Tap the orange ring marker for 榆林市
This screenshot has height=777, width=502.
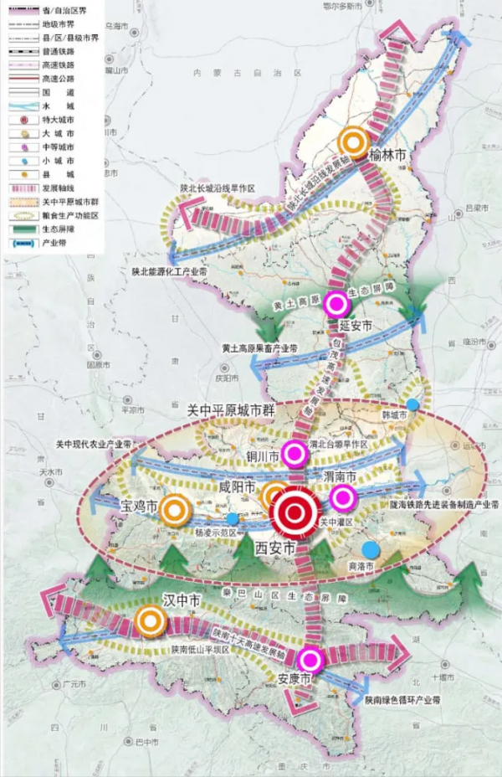click(x=354, y=142)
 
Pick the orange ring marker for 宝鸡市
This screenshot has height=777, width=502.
click(x=176, y=508)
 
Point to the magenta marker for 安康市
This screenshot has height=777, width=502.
click(x=311, y=660)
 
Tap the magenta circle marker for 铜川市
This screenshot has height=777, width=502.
click(x=294, y=453)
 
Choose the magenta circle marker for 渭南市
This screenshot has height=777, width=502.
click(x=341, y=498)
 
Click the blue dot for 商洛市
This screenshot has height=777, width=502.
click(x=371, y=549)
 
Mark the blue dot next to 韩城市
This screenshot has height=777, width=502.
click(x=412, y=405)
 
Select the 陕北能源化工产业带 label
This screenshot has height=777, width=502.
click(x=168, y=271)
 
